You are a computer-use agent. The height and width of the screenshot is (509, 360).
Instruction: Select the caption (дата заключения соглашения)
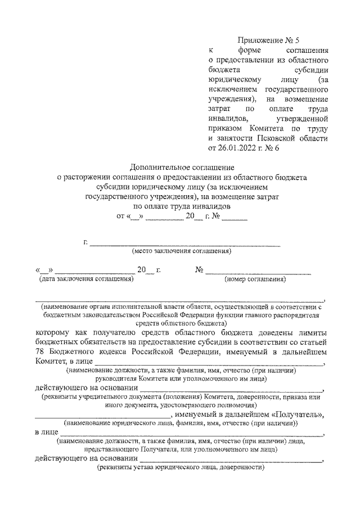point(85,278)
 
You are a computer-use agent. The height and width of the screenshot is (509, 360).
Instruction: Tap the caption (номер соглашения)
point(255,278)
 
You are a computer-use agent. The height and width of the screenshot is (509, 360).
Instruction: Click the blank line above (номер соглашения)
point(258,272)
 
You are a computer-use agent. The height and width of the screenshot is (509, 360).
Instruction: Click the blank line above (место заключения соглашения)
point(185,244)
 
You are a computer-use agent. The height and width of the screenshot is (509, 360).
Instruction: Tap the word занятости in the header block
point(230,137)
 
